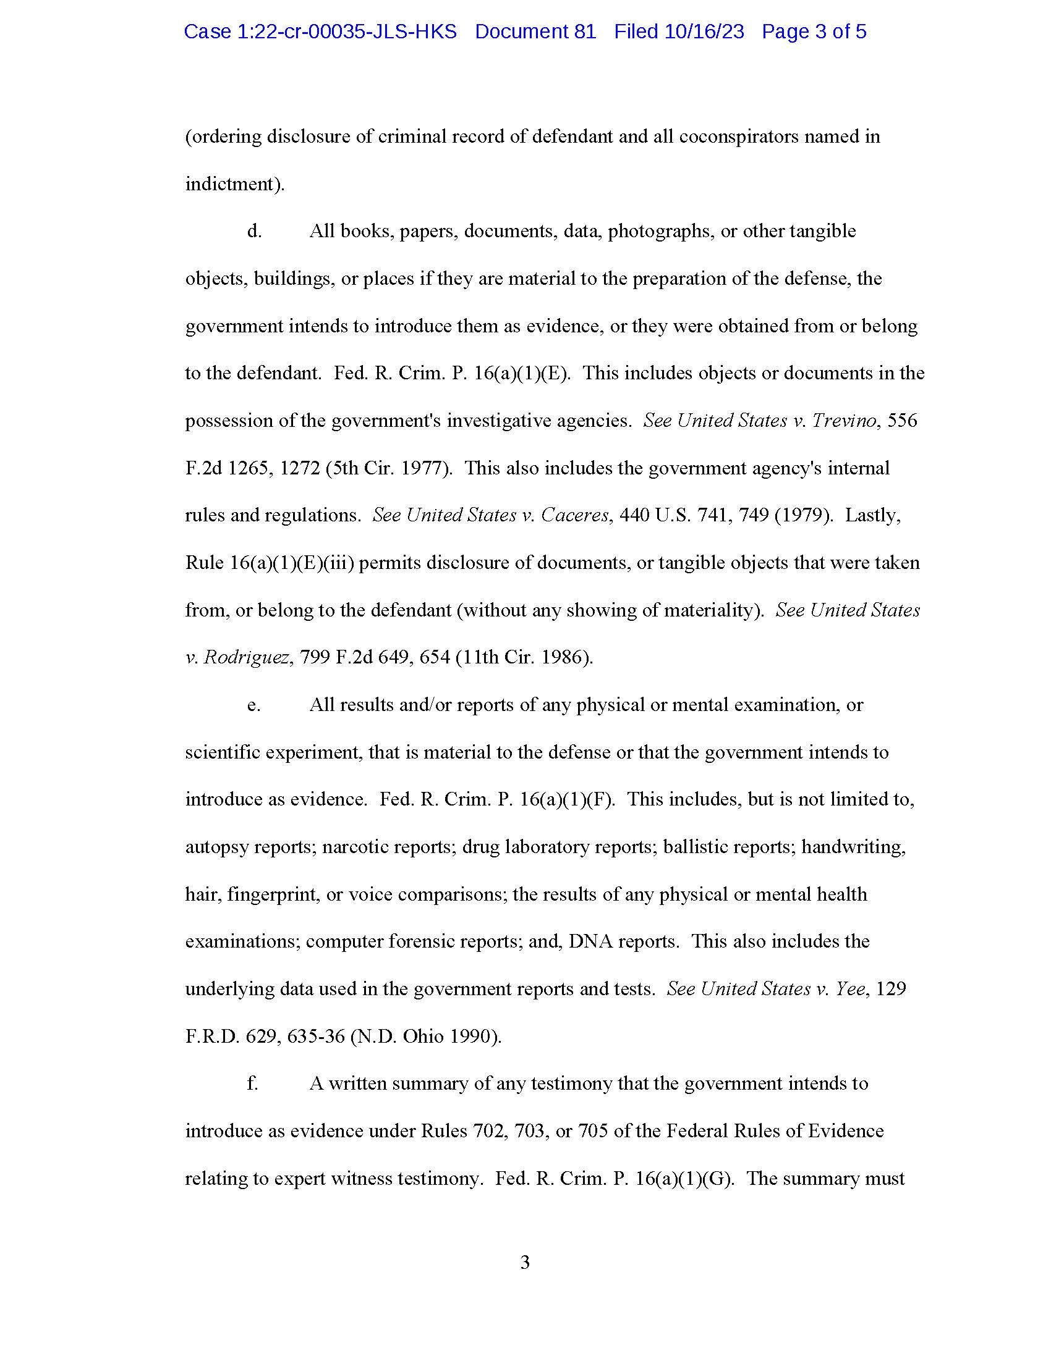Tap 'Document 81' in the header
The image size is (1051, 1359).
(535, 32)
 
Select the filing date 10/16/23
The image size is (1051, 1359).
(704, 32)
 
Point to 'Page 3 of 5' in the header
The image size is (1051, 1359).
(814, 32)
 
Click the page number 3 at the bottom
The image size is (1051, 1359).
(525, 1262)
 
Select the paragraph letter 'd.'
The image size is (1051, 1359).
(254, 231)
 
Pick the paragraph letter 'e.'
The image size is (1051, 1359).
(253, 705)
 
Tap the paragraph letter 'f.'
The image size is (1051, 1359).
(252, 1083)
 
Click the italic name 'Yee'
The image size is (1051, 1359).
(849, 989)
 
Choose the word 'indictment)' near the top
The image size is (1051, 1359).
(235, 184)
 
